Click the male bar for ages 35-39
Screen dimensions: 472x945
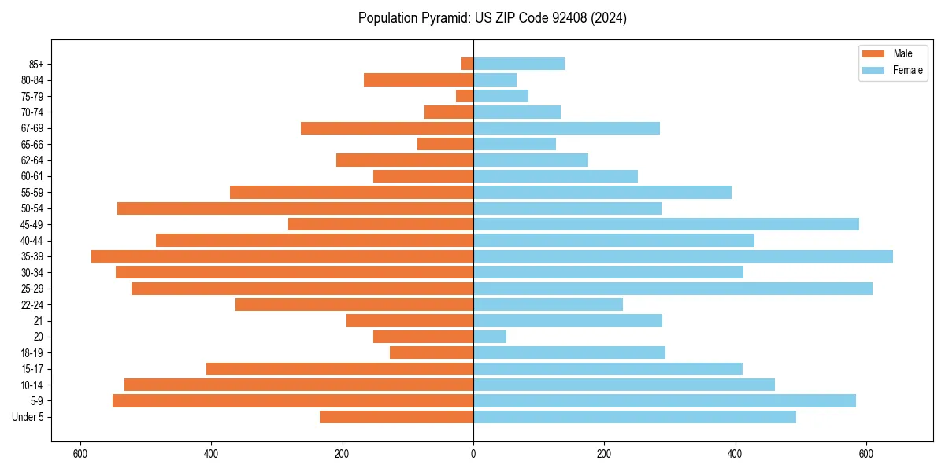coord(282,256)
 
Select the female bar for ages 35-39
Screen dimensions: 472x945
coord(683,256)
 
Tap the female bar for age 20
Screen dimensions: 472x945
coord(490,337)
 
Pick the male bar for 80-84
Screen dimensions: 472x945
coord(418,79)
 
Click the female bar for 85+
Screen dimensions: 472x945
coord(519,64)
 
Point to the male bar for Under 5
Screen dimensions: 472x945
coord(396,417)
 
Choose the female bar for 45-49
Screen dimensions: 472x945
coord(665,224)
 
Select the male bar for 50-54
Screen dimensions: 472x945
coord(295,208)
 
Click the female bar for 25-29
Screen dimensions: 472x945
coord(673,289)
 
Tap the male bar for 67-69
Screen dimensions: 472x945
coord(387,128)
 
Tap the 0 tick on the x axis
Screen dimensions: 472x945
coord(473,454)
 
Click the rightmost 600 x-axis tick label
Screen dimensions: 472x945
coord(865,454)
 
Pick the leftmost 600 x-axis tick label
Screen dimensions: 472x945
coord(80,454)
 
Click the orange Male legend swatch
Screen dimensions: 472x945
coord(873,53)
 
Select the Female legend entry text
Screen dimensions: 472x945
coord(907,70)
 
